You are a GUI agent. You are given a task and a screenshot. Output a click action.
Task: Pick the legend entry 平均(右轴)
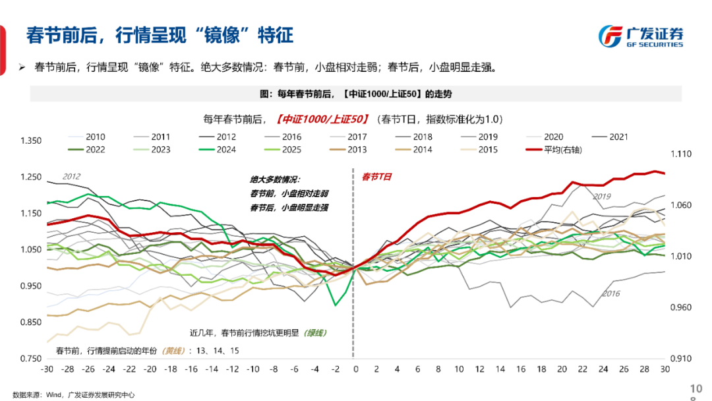(553, 150)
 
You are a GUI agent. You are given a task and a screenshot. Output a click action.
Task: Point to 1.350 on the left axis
(31, 140)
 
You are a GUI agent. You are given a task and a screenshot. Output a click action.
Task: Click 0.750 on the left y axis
(31, 359)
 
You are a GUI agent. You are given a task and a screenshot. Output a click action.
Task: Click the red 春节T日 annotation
(376, 177)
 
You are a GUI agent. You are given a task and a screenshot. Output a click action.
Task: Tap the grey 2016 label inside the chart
(611, 293)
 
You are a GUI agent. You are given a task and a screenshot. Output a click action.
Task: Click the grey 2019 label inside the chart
(601, 197)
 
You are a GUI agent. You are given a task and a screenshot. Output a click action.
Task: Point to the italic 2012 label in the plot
(71, 176)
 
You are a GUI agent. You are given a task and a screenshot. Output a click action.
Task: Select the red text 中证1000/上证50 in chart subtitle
(320, 119)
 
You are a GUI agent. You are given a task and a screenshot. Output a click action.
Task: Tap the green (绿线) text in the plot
(314, 333)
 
